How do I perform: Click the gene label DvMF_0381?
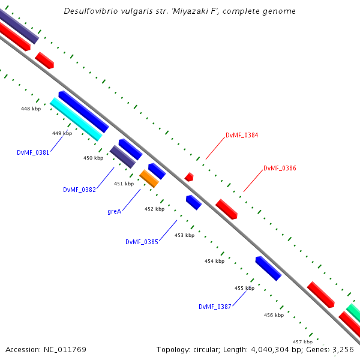33,152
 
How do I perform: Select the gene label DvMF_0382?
79,190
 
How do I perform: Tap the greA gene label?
115,211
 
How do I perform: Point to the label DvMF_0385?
142,242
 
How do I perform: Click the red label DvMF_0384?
242,136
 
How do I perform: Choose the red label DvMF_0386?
280,169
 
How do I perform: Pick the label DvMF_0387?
215,307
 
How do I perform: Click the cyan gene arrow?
76,119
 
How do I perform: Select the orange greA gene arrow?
149,178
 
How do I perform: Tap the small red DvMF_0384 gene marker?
189,176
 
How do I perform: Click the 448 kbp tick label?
31,109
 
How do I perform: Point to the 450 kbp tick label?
93,158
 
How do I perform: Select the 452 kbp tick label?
154,209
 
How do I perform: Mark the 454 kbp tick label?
214,261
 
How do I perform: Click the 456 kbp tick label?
274,315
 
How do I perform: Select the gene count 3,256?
342,349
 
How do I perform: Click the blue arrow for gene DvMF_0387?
268,268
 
